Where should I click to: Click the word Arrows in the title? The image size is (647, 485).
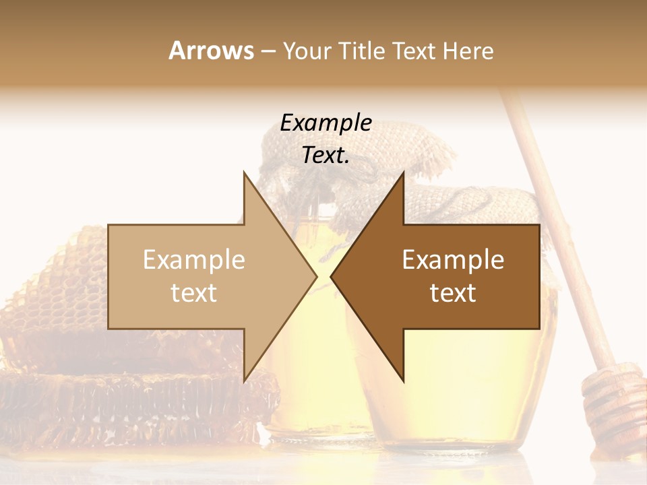pyautogui.click(x=211, y=51)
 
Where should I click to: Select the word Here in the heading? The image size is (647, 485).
pyautogui.click(x=468, y=51)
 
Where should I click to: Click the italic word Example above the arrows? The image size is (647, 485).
pyautogui.click(x=326, y=123)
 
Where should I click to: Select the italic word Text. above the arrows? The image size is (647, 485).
pyautogui.click(x=326, y=156)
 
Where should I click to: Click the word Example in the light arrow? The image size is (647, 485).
pyautogui.click(x=194, y=260)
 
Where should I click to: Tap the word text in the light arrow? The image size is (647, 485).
pyautogui.click(x=194, y=292)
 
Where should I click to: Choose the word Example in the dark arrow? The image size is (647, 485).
pyautogui.click(x=453, y=260)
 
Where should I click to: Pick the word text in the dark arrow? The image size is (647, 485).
pyautogui.click(x=453, y=292)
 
